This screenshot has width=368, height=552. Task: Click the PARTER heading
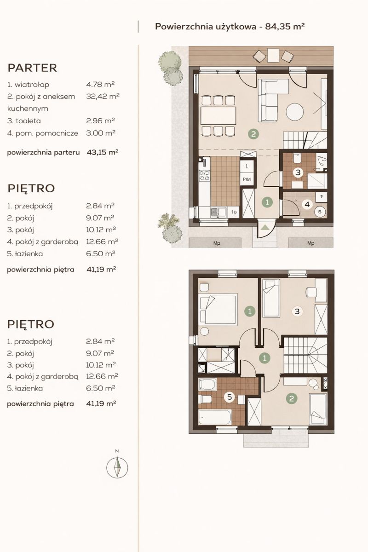click(x=32, y=68)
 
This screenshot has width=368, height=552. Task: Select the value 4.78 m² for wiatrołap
click(x=100, y=85)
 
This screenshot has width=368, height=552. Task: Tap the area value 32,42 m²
click(x=103, y=96)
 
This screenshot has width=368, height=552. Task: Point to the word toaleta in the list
click(x=28, y=121)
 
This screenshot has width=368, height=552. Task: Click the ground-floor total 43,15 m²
click(x=103, y=152)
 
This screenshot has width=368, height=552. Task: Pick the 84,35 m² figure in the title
click(x=285, y=26)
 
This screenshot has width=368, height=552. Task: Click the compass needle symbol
click(x=117, y=467)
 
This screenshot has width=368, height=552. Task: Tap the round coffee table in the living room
click(x=294, y=112)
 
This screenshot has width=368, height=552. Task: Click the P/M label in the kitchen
click(x=247, y=179)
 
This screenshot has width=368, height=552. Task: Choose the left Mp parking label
click(x=217, y=243)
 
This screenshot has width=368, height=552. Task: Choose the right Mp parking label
click(x=310, y=243)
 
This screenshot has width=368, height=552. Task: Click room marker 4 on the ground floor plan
click(x=307, y=204)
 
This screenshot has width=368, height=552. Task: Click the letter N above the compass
click(x=117, y=451)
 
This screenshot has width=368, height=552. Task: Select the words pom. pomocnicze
click(x=46, y=133)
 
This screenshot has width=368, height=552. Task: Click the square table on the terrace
click(x=273, y=55)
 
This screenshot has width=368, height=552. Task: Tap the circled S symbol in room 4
click(x=320, y=212)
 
